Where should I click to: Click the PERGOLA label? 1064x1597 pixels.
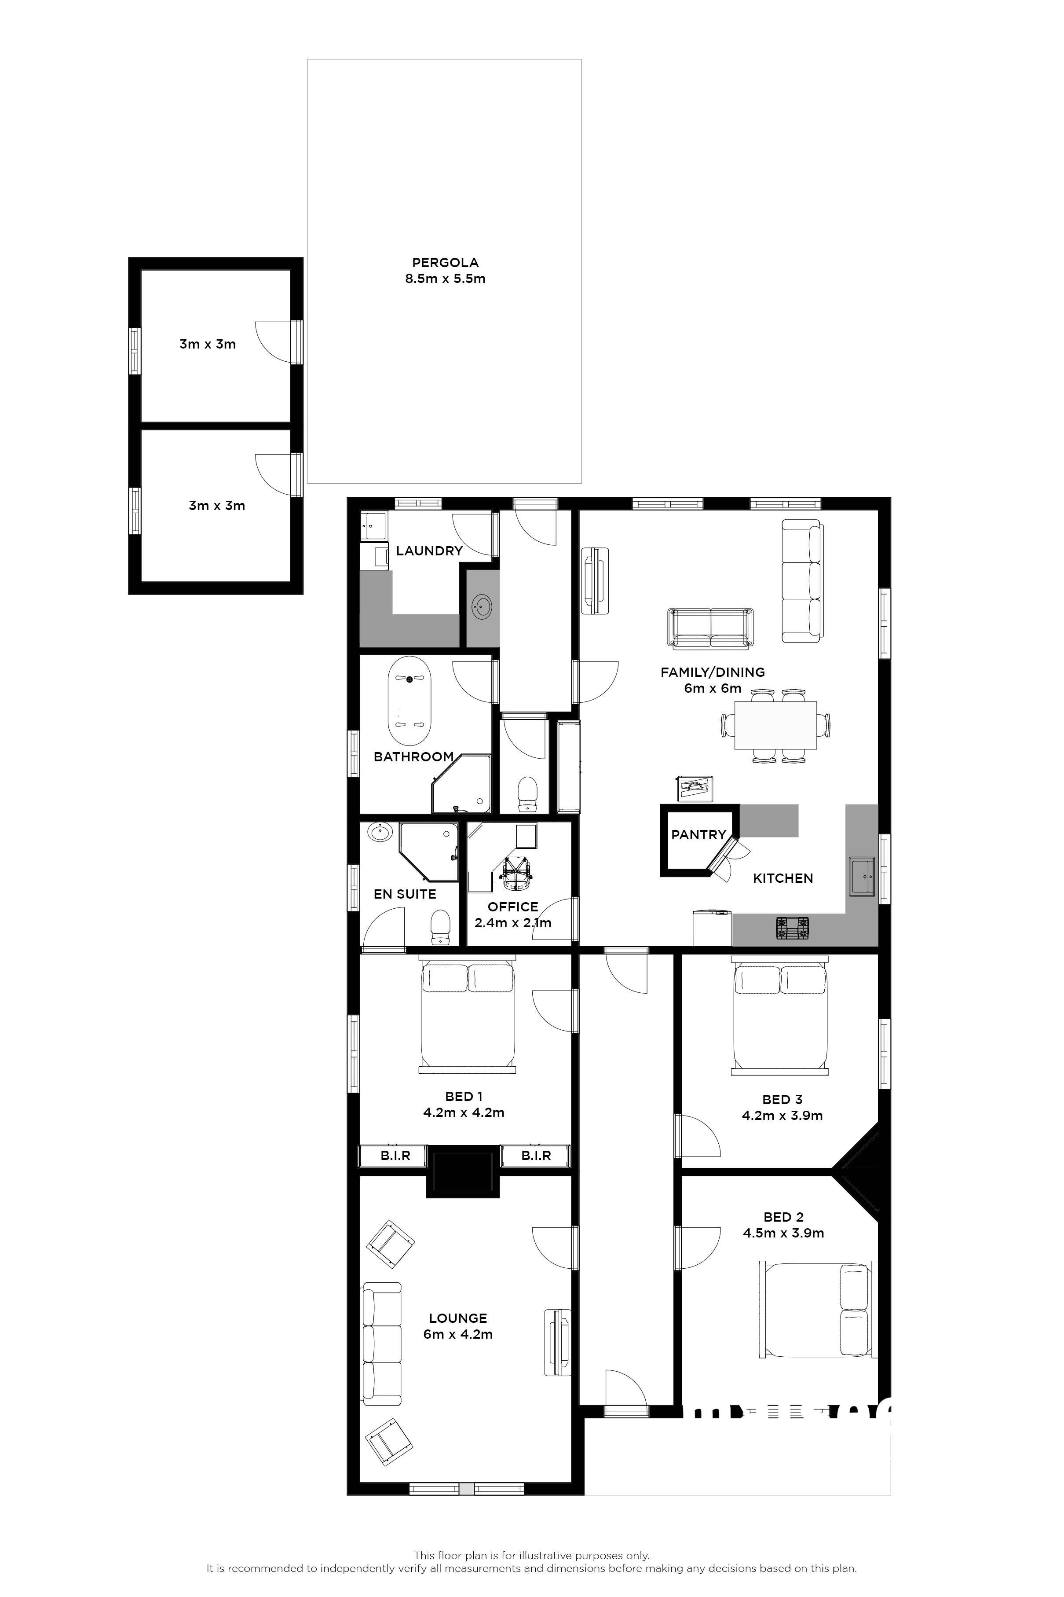pos(445,263)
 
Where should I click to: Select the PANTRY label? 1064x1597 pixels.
pos(698,835)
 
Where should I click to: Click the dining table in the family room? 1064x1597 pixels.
pos(775,726)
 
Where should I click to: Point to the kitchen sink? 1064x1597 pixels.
pos(863,876)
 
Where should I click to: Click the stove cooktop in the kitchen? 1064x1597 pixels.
pos(793,928)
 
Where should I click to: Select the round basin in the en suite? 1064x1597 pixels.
pos(380,833)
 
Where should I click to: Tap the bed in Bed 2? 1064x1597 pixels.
pos(815,1310)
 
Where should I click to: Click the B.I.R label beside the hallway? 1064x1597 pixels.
pos(536,1155)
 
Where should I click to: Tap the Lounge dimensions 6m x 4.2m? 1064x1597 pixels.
pos(458,1334)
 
